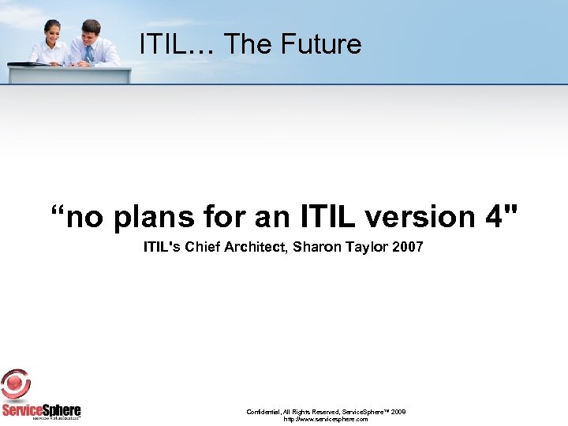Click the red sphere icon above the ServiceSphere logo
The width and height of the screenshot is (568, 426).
pos(16,385)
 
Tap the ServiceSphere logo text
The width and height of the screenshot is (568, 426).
pos(41,410)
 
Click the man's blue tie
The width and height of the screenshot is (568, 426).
pos(89,53)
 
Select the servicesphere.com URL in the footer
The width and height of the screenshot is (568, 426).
pos(326,420)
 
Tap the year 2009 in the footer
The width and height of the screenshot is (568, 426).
pos(398,412)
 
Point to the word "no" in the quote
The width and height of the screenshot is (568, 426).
pos(80,216)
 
